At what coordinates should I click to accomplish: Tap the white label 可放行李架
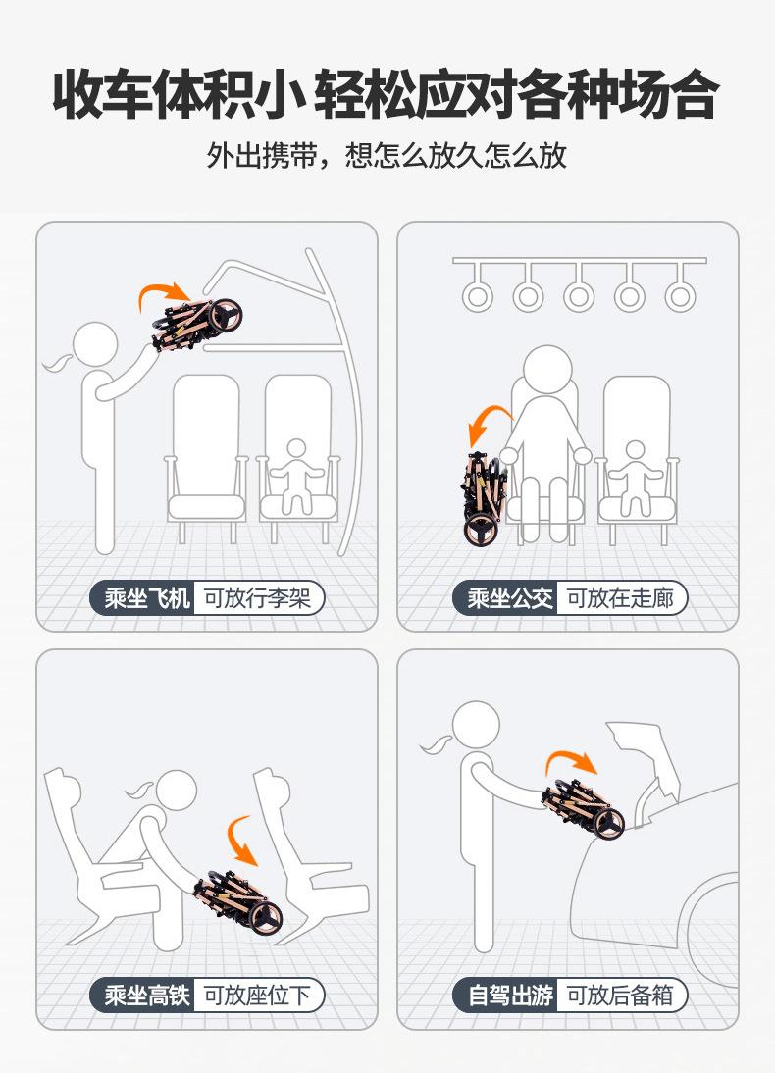(x=258, y=598)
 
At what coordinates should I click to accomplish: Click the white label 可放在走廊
(x=621, y=598)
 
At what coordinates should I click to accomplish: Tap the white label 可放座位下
(x=258, y=995)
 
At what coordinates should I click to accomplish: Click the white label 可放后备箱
(x=621, y=995)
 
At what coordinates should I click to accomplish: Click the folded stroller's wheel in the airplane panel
(x=226, y=317)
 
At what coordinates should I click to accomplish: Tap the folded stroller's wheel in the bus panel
(x=480, y=530)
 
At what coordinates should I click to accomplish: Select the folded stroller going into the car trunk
(x=584, y=808)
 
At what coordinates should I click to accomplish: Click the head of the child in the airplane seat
(x=295, y=449)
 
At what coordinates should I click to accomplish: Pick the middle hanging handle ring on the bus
(x=579, y=296)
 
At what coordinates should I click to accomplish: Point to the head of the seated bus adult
(x=547, y=370)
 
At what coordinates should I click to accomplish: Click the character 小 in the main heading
(x=281, y=93)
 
